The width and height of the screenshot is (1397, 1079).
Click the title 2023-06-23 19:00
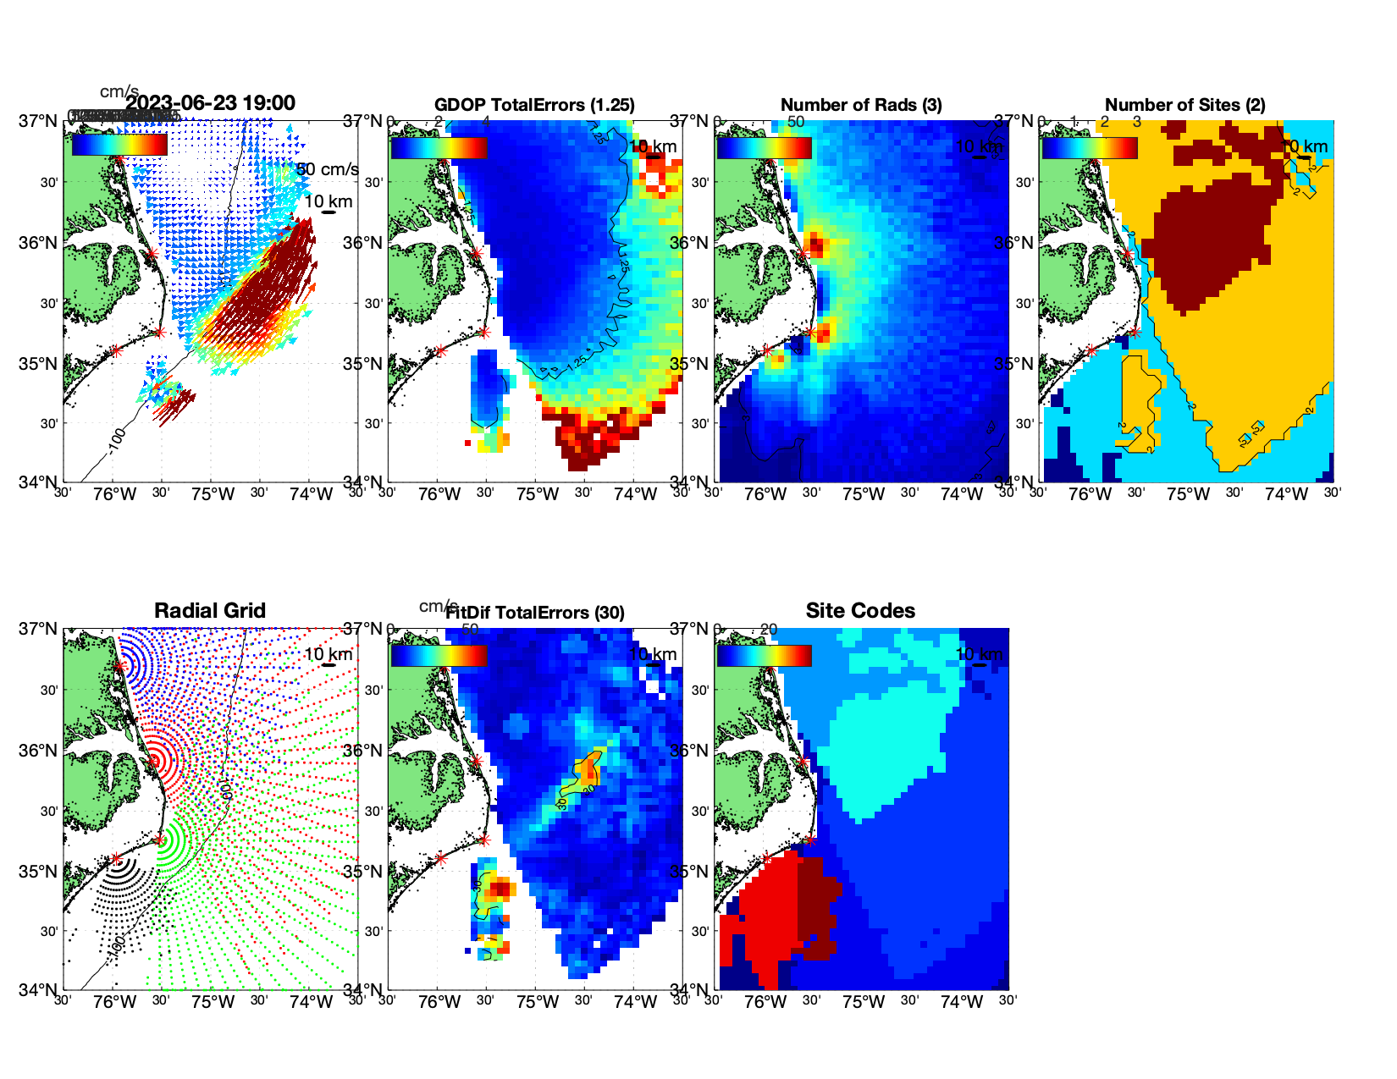click(x=210, y=103)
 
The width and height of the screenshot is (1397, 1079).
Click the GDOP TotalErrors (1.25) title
click(x=534, y=105)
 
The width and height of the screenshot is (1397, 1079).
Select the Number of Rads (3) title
click(x=860, y=105)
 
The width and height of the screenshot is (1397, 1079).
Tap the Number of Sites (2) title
click(x=1184, y=105)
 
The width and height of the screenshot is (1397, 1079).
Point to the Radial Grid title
click(x=210, y=611)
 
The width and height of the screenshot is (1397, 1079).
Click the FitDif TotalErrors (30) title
click(x=534, y=613)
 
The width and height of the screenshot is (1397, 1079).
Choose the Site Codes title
click(x=860, y=611)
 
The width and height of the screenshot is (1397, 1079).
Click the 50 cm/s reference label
click(x=328, y=169)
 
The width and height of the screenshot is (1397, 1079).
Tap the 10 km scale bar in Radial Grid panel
click(x=329, y=663)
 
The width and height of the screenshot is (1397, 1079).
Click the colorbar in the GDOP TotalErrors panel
click(x=439, y=147)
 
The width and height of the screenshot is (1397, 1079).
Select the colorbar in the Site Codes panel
click(x=764, y=655)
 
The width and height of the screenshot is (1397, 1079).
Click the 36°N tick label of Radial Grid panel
click(x=38, y=751)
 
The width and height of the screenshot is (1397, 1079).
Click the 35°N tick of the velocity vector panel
click(x=38, y=364)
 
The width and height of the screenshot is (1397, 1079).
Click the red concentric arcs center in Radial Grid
click(x=156, y=759)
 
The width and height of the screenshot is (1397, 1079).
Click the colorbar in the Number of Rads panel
click(x=764, y=147)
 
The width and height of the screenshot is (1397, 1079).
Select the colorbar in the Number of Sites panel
click(x=1089, y=147)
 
